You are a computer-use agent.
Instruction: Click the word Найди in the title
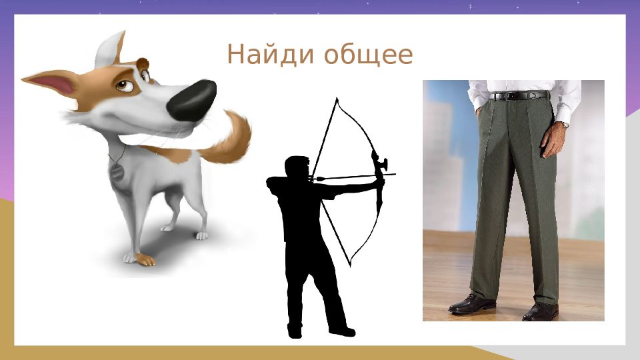tap(270, 54)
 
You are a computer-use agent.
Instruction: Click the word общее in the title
tap(369, 55)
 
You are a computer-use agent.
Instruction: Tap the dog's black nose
tap(192, 101)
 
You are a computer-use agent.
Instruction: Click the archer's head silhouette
tap(297, 167)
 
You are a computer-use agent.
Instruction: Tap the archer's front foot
tap(342, 331)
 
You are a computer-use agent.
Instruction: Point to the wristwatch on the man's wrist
tap(565, 124)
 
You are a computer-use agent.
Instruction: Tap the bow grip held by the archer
tap(379, 179)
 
